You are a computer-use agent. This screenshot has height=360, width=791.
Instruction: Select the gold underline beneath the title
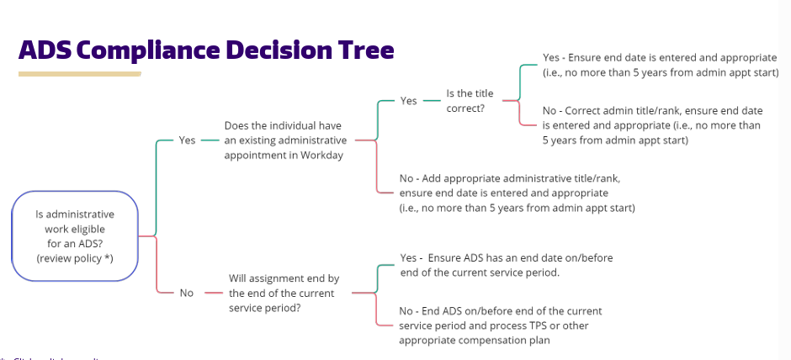(x=79, y=74)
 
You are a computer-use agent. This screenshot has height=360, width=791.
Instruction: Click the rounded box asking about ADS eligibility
(x=75, y=236)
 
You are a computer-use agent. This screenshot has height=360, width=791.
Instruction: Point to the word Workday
(x=326, y=156)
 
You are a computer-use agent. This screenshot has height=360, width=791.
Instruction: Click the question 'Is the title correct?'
(x=470, y=100)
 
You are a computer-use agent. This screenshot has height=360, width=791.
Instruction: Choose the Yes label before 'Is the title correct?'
(x=408, y=101)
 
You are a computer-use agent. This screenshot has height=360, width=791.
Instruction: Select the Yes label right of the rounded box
(x=187, y=140)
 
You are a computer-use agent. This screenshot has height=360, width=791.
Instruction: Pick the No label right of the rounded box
(x=186, y=293)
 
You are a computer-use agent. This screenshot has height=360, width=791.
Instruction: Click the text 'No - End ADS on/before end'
(x=500, y=311)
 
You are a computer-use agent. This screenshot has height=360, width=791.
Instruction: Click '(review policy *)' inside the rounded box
(x=75, y=258)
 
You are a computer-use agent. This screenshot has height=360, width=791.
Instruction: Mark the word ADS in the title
(x=46, y=50)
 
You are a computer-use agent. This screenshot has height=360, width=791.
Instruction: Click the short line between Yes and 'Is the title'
(x=433, y=101)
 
